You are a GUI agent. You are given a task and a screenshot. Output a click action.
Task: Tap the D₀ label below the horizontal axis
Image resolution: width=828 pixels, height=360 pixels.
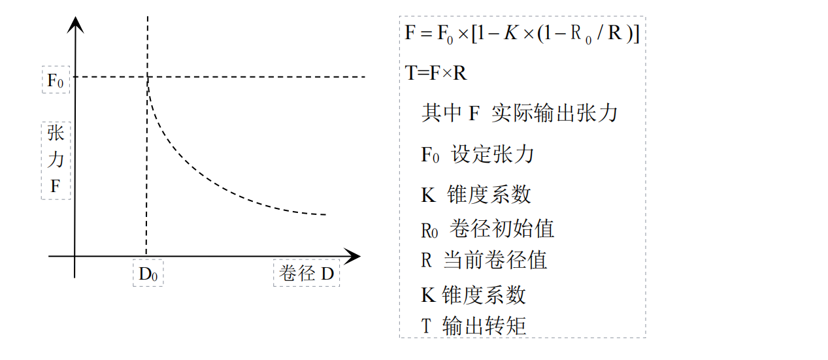pos(148,273)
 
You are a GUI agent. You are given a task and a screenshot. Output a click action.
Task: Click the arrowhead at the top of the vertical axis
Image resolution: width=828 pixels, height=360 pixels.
pos(76,24)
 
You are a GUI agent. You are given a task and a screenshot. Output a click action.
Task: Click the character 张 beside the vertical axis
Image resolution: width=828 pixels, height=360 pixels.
pos(56,134)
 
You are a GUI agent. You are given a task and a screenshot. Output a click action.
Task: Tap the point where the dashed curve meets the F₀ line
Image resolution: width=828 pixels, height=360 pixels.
pos(148,77)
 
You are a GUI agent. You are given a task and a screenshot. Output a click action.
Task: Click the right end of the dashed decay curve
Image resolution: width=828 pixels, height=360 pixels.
pos(325,214)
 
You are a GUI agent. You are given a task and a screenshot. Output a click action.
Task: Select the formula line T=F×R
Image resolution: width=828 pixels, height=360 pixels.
pos(436,73)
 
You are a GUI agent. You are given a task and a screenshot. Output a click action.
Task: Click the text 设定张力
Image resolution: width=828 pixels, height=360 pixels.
pos(493,154)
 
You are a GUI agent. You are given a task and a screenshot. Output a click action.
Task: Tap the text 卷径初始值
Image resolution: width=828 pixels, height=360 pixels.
pos(502,228)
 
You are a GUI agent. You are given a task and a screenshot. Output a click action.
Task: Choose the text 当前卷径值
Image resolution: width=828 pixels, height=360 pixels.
pos(495,260)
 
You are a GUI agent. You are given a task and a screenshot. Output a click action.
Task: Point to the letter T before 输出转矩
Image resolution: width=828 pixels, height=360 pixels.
pos(427,325)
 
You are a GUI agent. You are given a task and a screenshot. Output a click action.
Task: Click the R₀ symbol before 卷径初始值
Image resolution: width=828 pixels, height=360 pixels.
pos(429,229)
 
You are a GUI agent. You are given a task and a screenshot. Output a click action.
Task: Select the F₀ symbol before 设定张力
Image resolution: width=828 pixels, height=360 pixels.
pos(430,155)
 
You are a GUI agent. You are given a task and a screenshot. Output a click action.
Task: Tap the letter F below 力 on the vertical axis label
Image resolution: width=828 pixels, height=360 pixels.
pos(56,188)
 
